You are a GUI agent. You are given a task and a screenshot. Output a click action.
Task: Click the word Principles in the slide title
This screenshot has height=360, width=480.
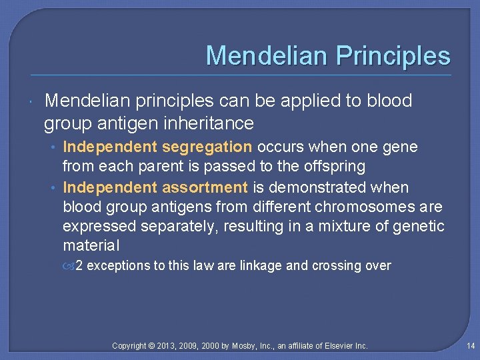393,55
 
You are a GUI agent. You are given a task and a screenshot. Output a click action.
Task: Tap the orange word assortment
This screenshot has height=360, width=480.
205,187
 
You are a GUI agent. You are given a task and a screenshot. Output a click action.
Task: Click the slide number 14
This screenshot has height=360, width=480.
471,346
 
